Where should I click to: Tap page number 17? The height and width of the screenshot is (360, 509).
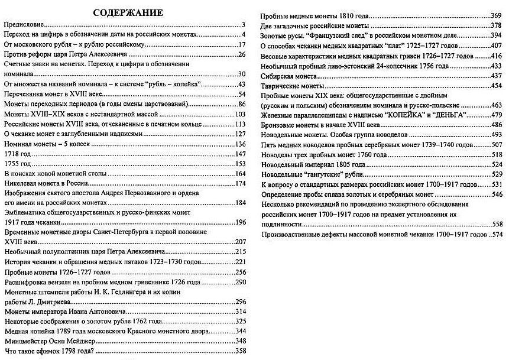[241, 45]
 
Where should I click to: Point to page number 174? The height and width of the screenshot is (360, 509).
[240, 183]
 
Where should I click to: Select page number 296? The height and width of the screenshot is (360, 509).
[240, 301]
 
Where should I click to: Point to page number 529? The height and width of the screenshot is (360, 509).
[495, 174]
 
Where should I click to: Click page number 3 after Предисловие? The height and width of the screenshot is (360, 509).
[243, 25]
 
